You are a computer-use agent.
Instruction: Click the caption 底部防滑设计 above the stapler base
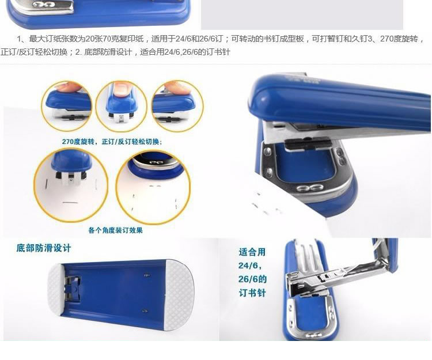pyautogui.click(x=44, y=248)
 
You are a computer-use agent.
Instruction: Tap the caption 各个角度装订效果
pyautogui.click(x=115, y=230)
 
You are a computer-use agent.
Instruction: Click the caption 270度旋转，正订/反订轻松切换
pyautogui.click(x=112, y=142)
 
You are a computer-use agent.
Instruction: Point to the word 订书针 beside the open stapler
pyautogui.click(x=252, y=293)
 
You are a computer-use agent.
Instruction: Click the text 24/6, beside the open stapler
pyautogui.click(x=250, y=266)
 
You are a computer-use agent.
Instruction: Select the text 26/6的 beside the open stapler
pyautogui.click(x=252, y=279)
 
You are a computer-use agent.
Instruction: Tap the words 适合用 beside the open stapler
pyautogui.click(x=252, y=252)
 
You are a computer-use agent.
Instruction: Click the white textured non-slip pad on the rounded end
pyautogui.click(x=179, y=295)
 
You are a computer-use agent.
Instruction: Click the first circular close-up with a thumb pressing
pyautogui.click(x=67, y=106)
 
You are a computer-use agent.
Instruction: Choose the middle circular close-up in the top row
pyautogui.click(x=121, y=106)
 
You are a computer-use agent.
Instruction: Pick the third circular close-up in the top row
pyautogui.click(x=177, y=106)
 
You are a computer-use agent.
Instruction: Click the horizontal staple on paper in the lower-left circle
pyautogui.click(x=70, y=203)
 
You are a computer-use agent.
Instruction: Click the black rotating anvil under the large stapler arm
pyautogui.click(x=308, y=144)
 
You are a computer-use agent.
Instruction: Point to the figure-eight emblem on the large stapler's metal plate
pyautogui.click(x=310, y=188)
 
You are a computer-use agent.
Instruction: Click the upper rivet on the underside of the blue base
pyautogui.click(x=146, y=275)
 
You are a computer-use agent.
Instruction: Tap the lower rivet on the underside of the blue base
pyautogui.click(x=145, y=311)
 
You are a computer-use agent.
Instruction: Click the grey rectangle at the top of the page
pyautogui.click(x=302, y=14)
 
